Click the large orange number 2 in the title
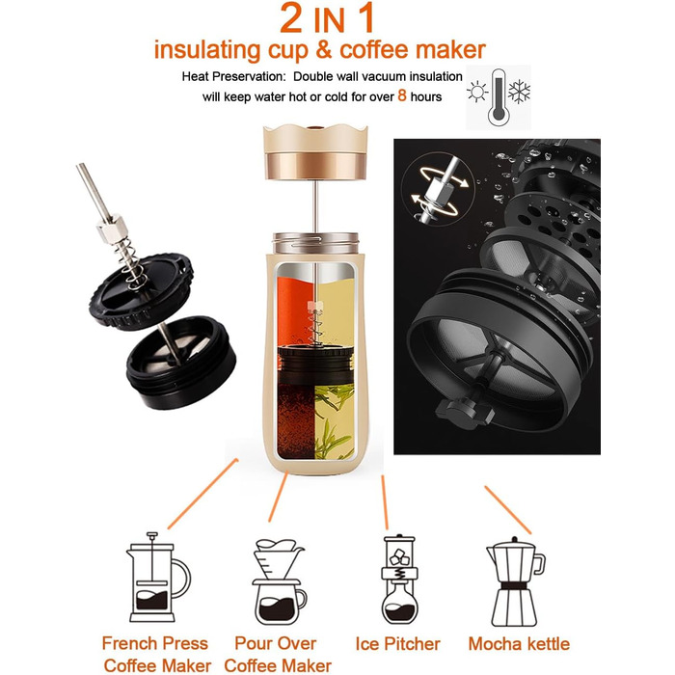coord(291,17)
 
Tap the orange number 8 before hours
coord(402,95)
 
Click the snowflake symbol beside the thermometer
coord(519,92)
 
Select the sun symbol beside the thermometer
coord(477,92)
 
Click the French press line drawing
coord(158,577)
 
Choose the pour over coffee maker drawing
coord(279,582)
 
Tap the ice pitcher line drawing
coord(399,579)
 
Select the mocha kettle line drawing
coord(515,581)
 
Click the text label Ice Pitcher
coord(397,644)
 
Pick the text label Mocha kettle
coord(519,644)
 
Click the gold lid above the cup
coord(315,151)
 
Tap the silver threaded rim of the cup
coord(316,243)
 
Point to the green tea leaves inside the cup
coord(335,421)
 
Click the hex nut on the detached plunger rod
coord(113,227)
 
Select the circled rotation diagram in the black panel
coord(438,189)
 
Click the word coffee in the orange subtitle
coord(374,49)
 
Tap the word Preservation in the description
coord(251,76)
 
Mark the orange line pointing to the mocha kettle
coord(508,510)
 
